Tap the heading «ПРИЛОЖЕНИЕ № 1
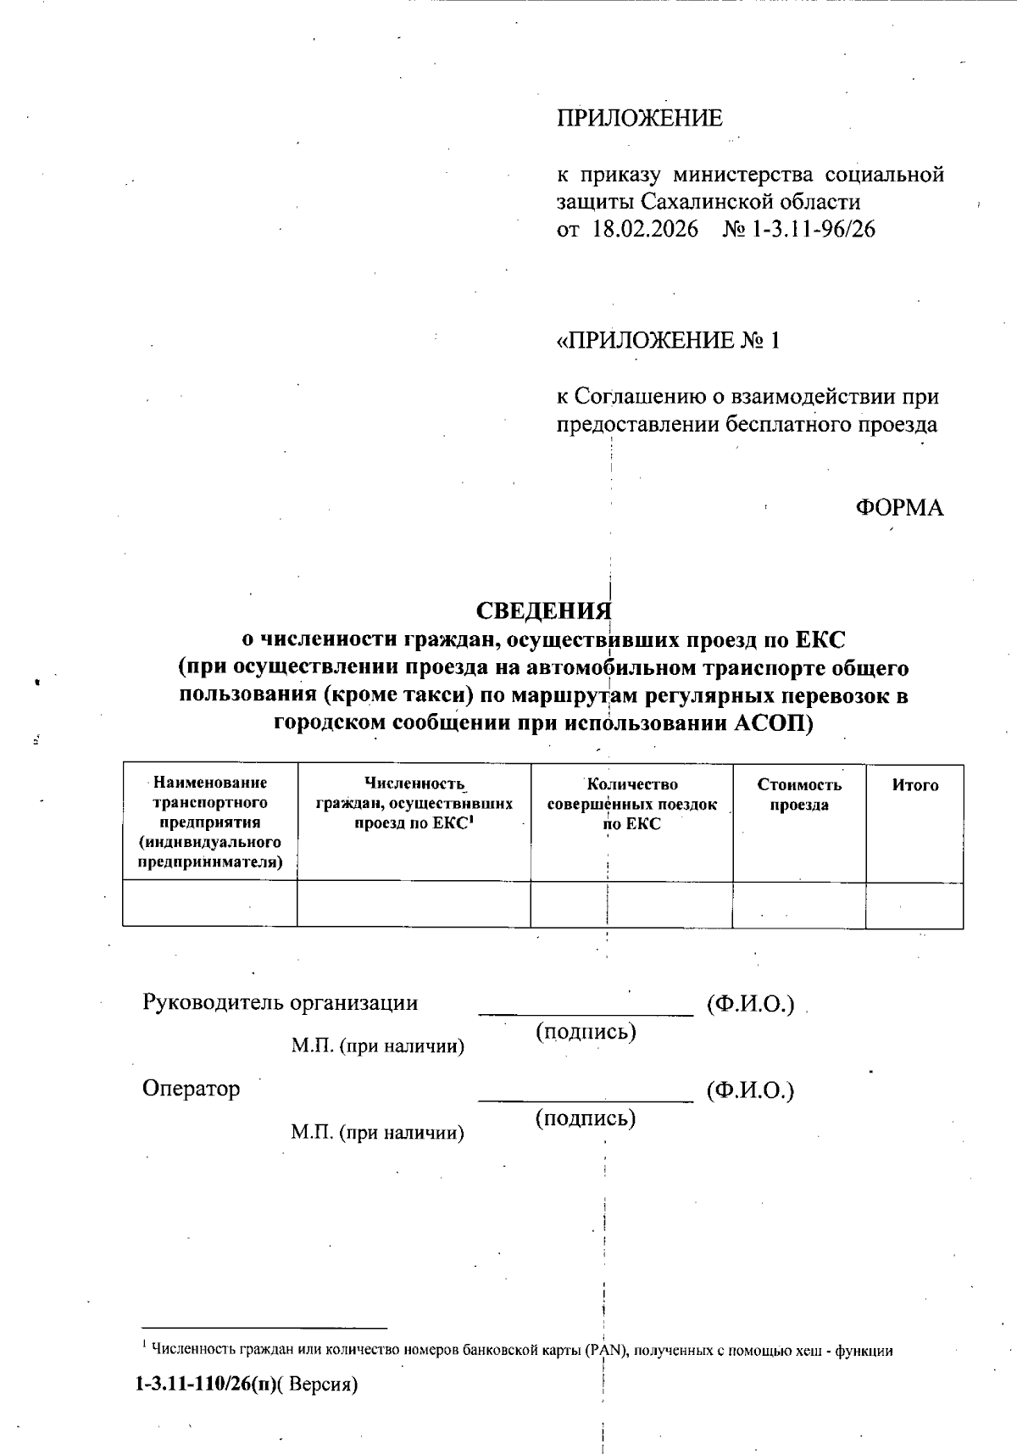pyautogui.click(x=667, y=341)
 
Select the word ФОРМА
pyautogui.click(x=899, y=508)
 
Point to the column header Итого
pyautogui.click(x=914, y=785)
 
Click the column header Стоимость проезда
pyautogui.click(x=799, y=794)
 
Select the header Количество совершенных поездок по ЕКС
pyautogui.click(x=631, y=804)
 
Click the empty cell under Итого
pyautogui.click(x=914, y=904)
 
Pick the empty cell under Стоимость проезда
pyautogui.click(x=799, y=904)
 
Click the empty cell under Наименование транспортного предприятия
pyautogui.click(x=210, y=904)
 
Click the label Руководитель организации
pyautogui.click(x=281, y=1003)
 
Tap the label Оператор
pyautogui.click(x=192, y=1089)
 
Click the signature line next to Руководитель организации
pyautogui.click(x=586, y=1011)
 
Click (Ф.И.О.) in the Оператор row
pyautogui.click(x=751, y=1090)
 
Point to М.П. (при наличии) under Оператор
pyautogui.click(x=378, y=1133)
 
